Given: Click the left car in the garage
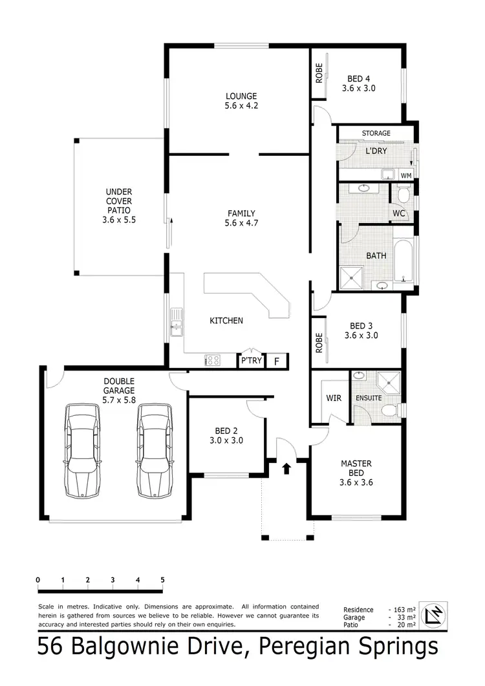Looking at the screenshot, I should point(84,451).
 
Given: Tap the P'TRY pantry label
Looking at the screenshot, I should point(251,361).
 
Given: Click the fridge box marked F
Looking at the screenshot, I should point(277,361).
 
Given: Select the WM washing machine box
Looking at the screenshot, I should point(405,175).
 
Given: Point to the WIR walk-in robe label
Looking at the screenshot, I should point(334,398).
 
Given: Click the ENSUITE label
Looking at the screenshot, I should point(369,398).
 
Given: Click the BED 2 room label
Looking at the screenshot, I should point(226,436).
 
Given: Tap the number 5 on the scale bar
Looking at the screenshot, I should point(162,579).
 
